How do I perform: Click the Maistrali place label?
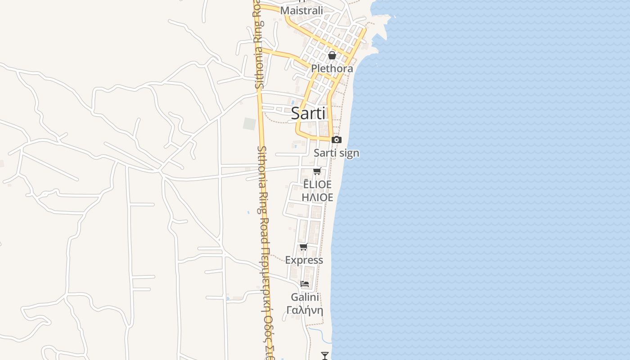pyautogui.click(x=301, y=10)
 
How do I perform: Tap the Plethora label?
pyautogui.click(x=332, y=69)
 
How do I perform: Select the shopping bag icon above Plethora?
pyautogui.click(x=332, y=55)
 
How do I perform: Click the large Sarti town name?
pyautogui.click(x=308, y=113)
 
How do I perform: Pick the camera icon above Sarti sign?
pyautogui.click(x=336, y=140)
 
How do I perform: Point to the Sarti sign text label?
pyautogui.click(x=337, y=153)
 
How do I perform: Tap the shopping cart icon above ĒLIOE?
pyautogui.click(x=317, y=171)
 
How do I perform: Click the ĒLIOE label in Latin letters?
pyautogui.click(x=317, y=184)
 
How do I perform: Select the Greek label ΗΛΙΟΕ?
pyautogui.click(x=317, y=197)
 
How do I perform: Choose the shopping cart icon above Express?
pyautogui.click(x=304, y=247)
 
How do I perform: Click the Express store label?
pyautogui.click(x=304, y=260)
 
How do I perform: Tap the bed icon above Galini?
pyautogui.click(x=305, y=284)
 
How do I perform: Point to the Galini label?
pyautogui.click(x=305, y=297)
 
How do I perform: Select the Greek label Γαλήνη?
pyautogui.click(x=305, y=310)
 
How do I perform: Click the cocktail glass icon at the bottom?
pyautogui.click(x=324, y=355)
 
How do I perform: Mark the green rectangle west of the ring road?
pyautogui.click(x=249, y=124)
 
